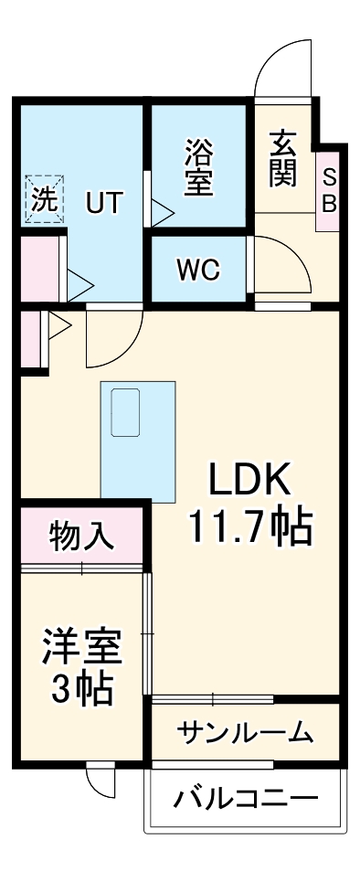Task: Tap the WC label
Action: pyautogui.click(x=199, y=270)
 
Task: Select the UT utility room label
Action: pyautogui.click(x=103, y=202)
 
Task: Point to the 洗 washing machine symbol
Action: pyautogui.click(x=44, y=198)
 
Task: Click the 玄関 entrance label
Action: pyautogui.click(x=282, y=159)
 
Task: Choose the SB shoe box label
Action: pyautogui.click(x=328, y=190)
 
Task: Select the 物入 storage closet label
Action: pyautogui.click(x=82, y=536)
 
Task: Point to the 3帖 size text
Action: pyautogui.click(x=81, y=689)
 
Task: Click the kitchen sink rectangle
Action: pyautogui.click(x=124, y=410)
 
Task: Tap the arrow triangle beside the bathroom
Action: pyautogui.click(x=162, y=214)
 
